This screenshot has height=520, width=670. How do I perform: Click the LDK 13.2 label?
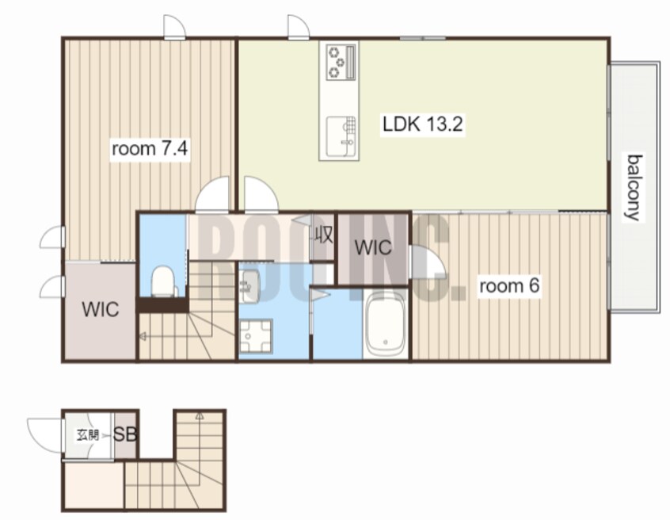point(422,124)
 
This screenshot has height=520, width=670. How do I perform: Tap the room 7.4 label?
point(149,149)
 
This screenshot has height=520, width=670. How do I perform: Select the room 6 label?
point(509,285)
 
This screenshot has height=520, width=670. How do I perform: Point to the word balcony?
point(634,187)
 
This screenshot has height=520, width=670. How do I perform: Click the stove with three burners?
point(341,63)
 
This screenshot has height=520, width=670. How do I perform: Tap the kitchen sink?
point(341,136)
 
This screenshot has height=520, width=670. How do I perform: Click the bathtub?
point(386,323)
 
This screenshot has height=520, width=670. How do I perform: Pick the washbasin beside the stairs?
point(248,285)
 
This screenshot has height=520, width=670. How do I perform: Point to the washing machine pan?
point(256,336)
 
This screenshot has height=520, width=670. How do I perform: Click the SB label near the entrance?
point(125,434)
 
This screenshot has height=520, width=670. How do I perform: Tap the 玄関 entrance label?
point(88,435)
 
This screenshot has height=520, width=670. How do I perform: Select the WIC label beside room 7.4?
point(101,310)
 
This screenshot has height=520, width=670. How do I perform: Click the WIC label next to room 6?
point(373,247)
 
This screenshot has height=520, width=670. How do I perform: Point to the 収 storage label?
point(323,235)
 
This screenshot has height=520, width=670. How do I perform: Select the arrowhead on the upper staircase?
point(143,337)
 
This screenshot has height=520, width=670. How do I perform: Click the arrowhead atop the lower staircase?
point(200,415)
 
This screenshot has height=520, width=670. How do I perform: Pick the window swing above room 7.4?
point(175,28)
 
